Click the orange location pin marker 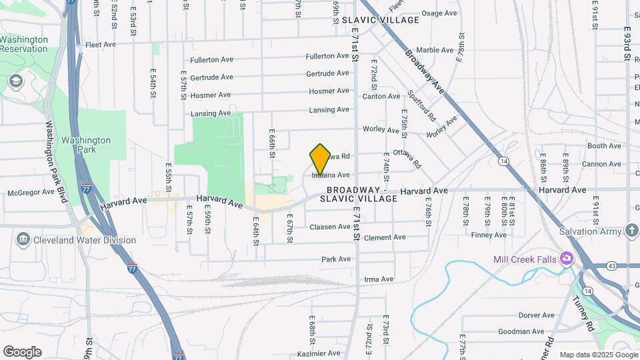click(x=320, y=159)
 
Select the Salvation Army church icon click(x=633, y=231)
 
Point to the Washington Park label click(x=86, y=145)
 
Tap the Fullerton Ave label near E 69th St click(x=327, y=57)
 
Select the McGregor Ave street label click(x=30, y=192)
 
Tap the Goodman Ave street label click(x=521, y=331)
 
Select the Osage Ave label click(x=438, y=13)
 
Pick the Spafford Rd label click(x=421, y=106)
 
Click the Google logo click(x=22, y=352)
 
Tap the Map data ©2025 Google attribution click(x=599, y=355)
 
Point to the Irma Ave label click(x=379, y=279)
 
